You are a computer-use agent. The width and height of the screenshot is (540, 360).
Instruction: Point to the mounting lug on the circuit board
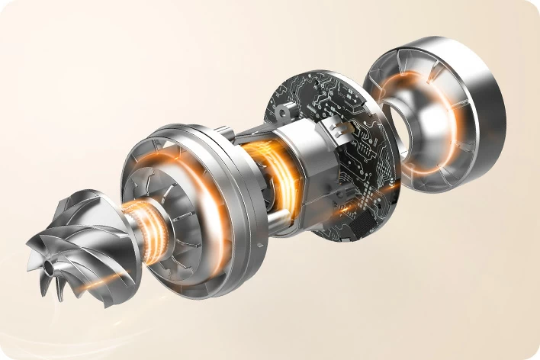[285, 113]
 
